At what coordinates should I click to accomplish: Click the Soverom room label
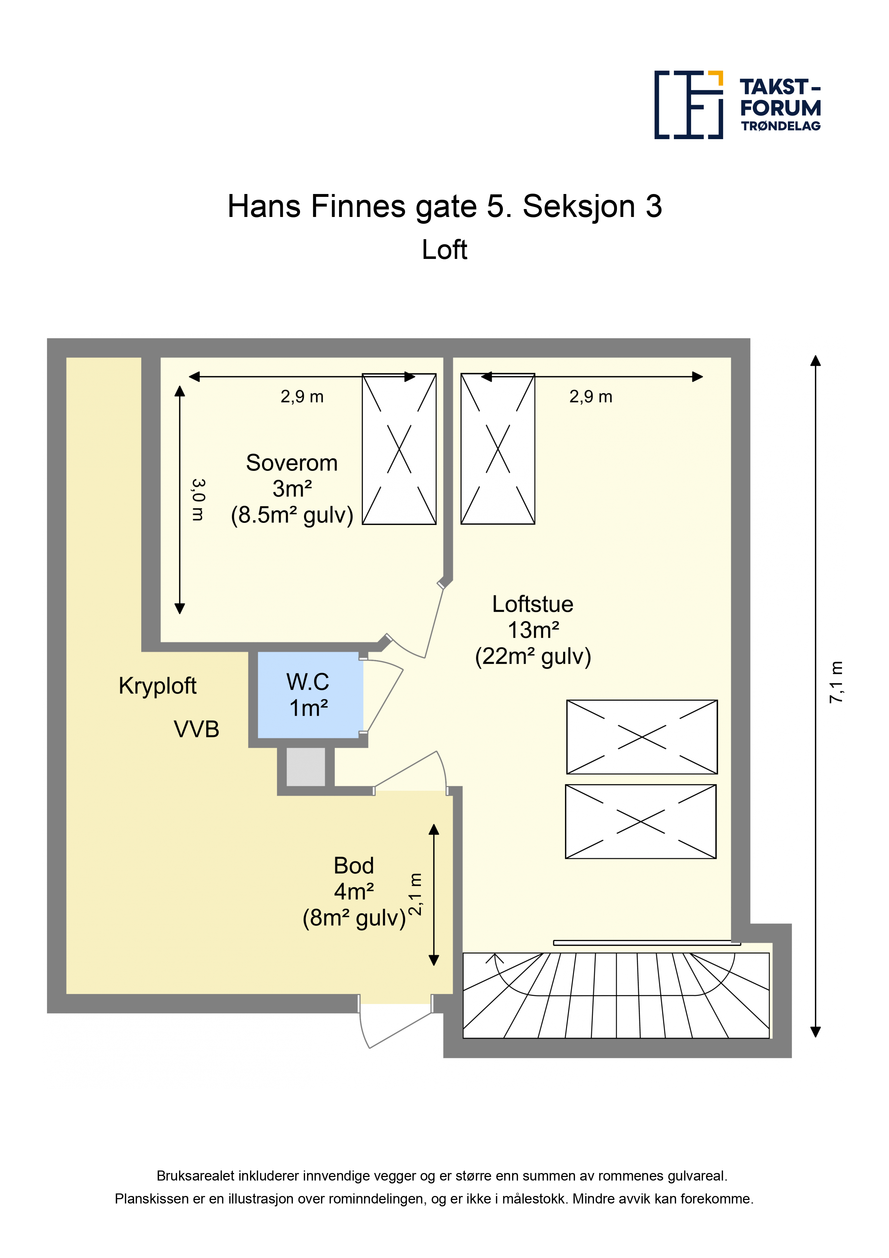291,463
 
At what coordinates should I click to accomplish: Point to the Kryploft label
157,686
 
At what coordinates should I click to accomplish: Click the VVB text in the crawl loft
197,729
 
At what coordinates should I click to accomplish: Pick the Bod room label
354,866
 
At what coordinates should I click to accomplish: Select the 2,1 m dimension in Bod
416,894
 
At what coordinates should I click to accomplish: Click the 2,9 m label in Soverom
302,397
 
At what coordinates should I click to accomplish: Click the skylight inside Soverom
399,449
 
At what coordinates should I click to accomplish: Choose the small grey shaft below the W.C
306,767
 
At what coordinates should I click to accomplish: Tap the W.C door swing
384,696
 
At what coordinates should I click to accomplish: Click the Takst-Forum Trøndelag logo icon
689,105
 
